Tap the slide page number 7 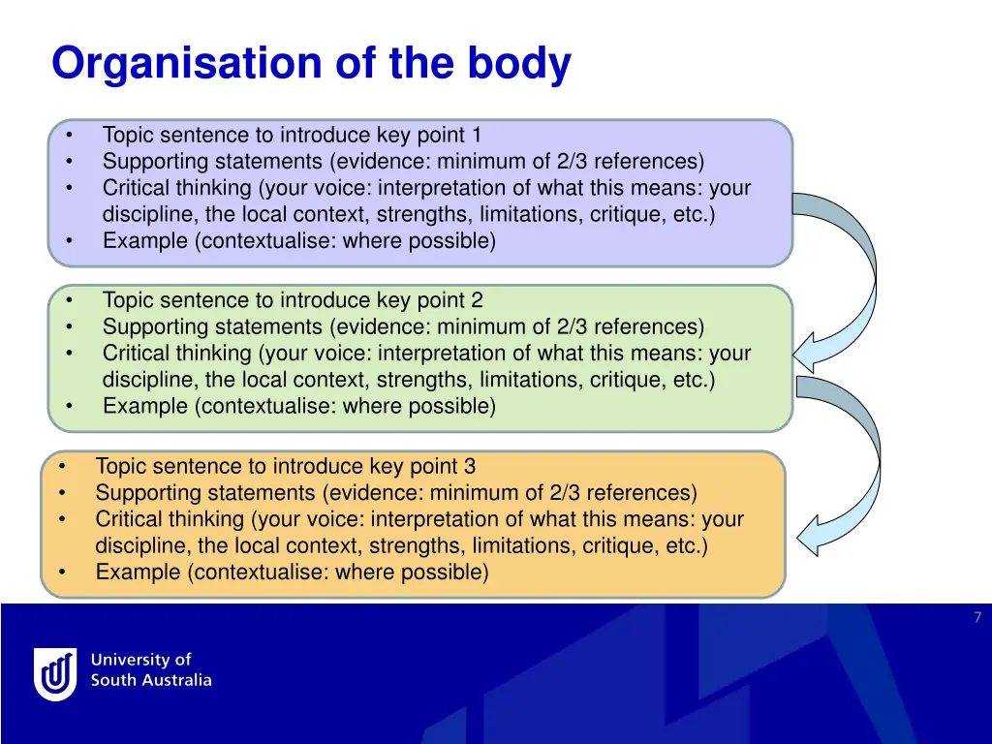977,618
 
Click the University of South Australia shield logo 55,673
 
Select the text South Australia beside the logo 151,680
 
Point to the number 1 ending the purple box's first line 476,136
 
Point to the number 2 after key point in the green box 477,301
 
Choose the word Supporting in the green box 153,327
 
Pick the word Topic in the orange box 119,467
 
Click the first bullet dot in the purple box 71,136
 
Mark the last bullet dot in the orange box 63,572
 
